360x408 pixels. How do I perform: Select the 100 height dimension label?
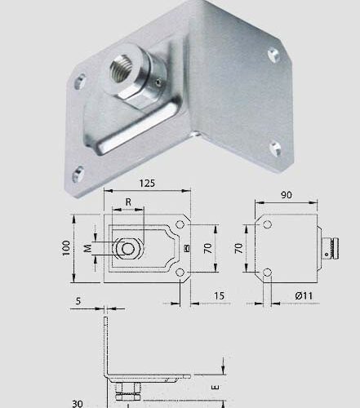[68, 248]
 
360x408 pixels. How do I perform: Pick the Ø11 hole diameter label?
[304, 294]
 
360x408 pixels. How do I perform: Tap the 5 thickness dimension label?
[78, 300]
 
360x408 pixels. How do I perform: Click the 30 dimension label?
[78, 402]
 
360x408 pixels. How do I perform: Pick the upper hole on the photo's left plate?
[80, 81]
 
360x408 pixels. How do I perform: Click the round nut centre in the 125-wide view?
[128, 247]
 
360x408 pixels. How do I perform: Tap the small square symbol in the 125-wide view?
[187, 248]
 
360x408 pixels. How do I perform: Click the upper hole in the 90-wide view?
[267, 224]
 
